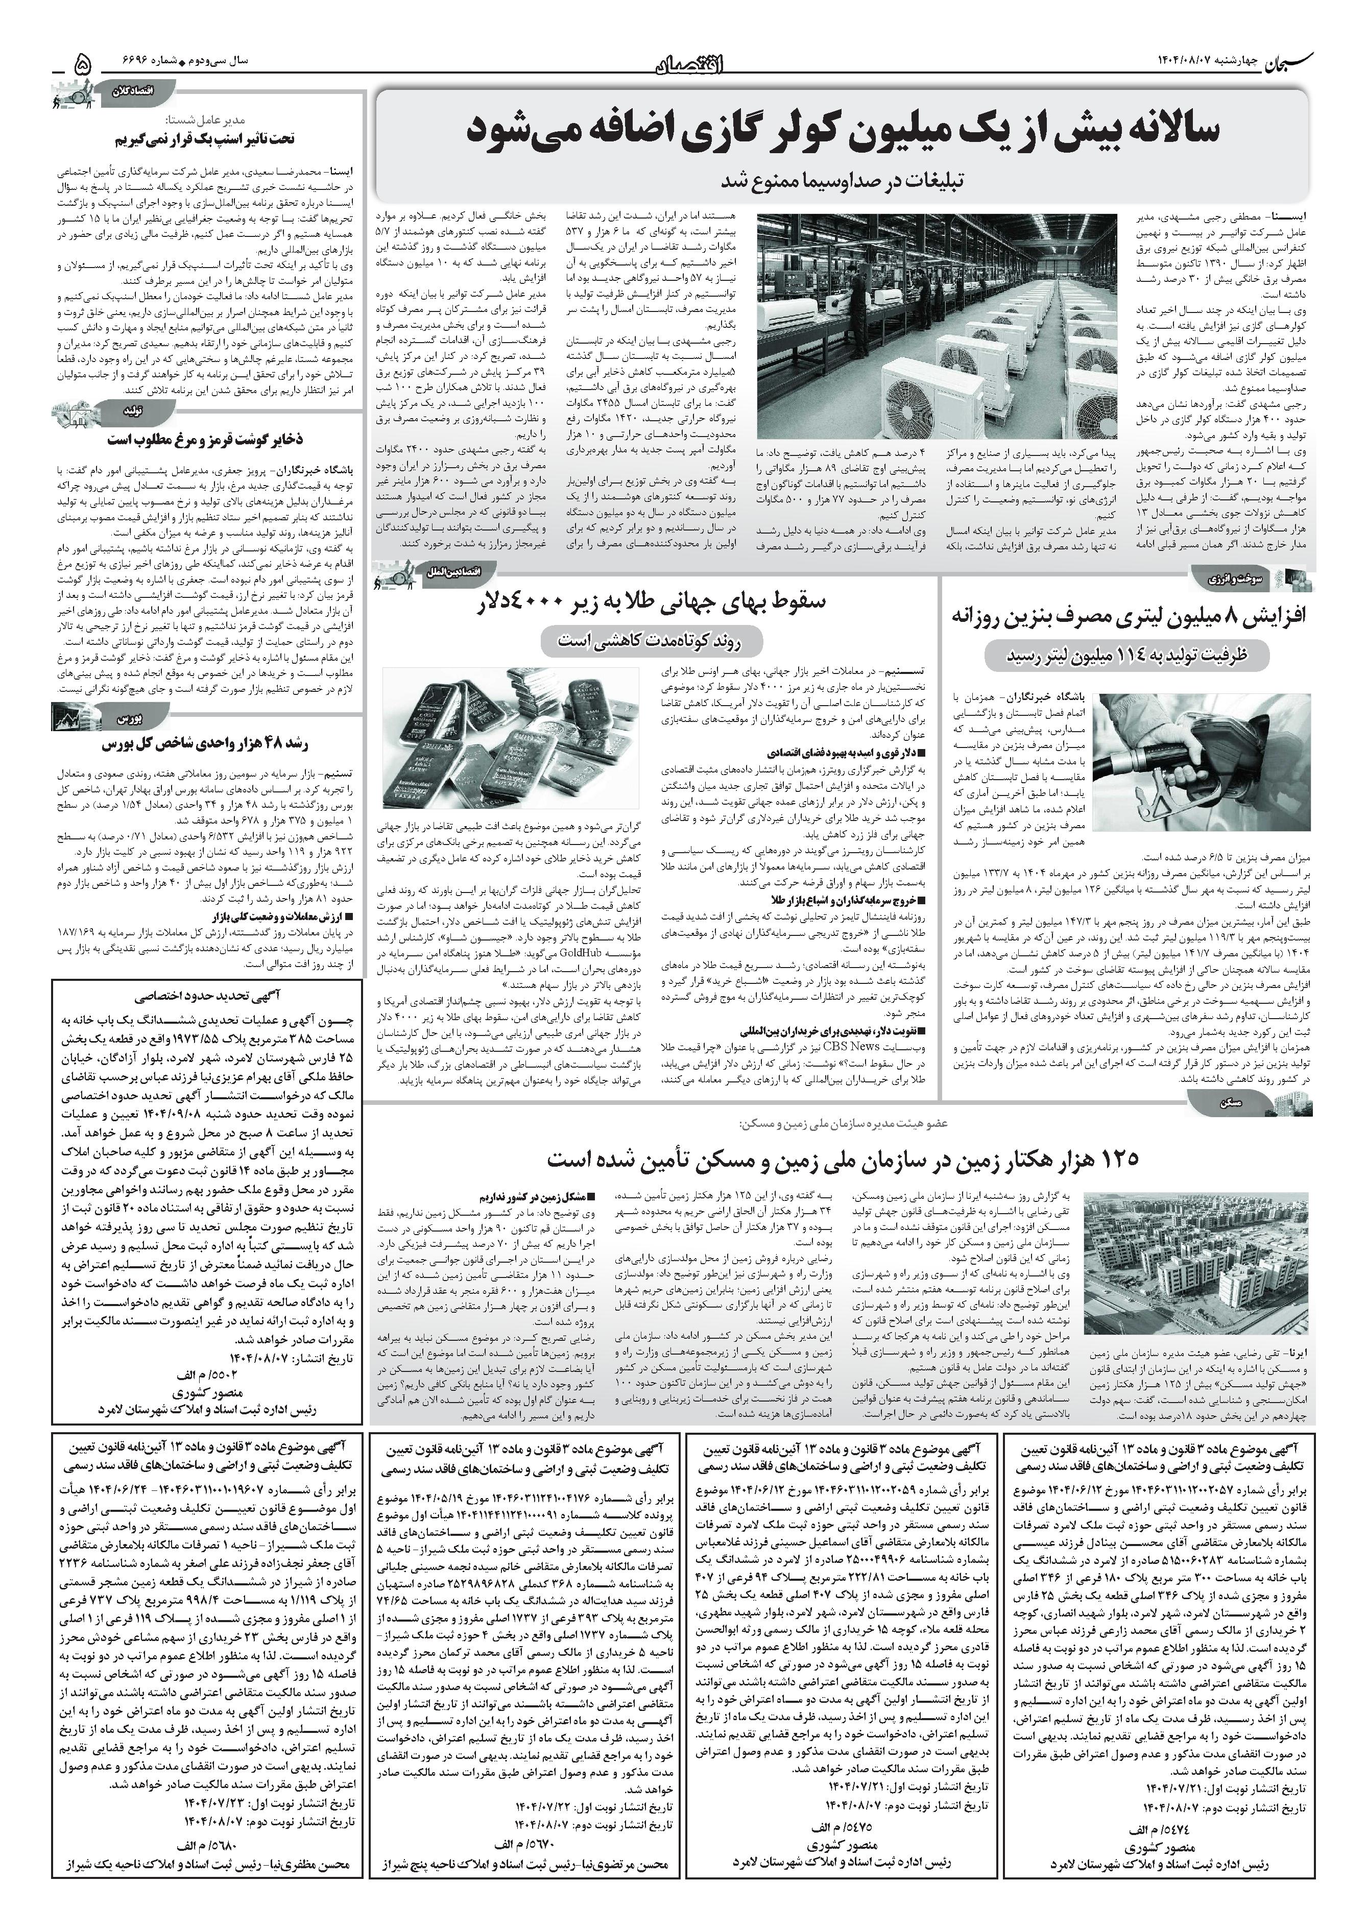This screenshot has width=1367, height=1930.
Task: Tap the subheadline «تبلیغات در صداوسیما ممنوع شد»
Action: click(x=842, y=180)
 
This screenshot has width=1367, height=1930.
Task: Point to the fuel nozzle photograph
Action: click(x=1203, y=768)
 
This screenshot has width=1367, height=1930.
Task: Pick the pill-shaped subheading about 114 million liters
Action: click(x=1128, y=655)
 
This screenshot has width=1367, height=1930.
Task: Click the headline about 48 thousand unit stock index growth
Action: click(x=206, y=745)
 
